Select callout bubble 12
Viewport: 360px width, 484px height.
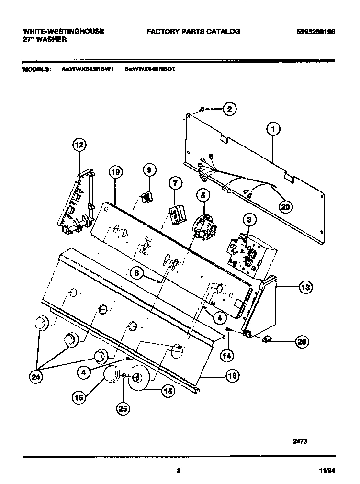[79, 145]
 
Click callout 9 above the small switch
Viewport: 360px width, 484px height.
[148, 169]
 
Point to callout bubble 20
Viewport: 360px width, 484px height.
[286, 206]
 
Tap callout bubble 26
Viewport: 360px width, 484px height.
[301, 341]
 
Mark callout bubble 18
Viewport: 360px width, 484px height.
[232, 376]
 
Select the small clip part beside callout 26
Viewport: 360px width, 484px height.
[267, 339]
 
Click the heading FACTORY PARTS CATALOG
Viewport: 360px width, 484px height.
[193, 32]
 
